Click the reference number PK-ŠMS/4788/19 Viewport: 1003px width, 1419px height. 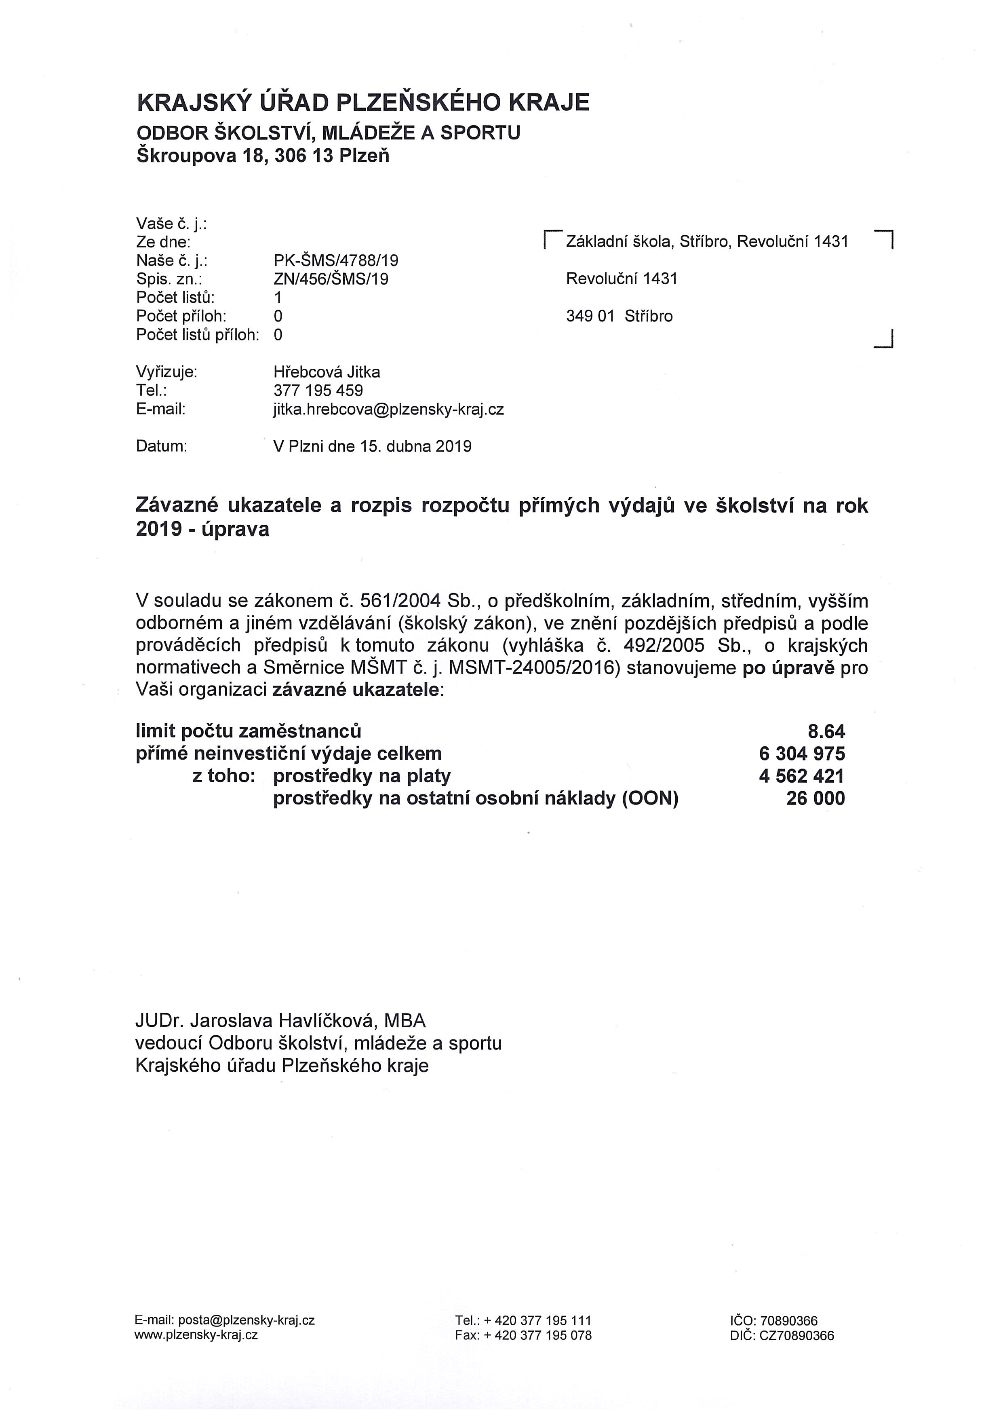[x=336, y=260]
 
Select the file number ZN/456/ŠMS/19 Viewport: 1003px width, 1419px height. [x=331, y=279]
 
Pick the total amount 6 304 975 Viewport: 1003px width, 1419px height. [x=802, y=754]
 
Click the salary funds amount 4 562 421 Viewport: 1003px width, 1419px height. [x=802, y=776]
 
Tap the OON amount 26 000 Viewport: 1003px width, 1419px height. [x=815, y=798]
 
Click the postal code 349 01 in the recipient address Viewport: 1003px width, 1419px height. [x=590, y=317]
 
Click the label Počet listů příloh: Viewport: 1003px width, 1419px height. [x=198, y=335]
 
